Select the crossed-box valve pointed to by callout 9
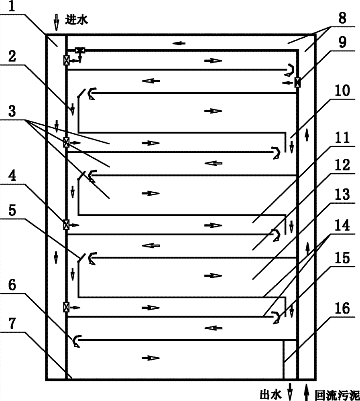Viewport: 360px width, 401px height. tap(297, 82)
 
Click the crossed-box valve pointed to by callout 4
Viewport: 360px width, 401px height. tap(66, 224)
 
